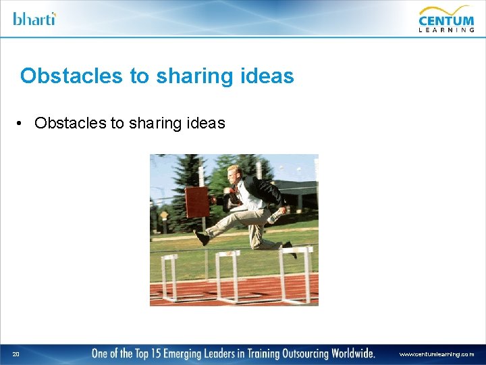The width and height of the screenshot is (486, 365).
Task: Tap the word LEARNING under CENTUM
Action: [x=446, y=29]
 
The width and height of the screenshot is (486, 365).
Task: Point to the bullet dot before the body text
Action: [x=22, y=123]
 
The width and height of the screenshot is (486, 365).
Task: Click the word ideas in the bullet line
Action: [x=206, y=123]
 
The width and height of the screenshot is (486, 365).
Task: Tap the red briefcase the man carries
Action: [x=196, y=201]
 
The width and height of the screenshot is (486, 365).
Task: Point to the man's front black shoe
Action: [x=200, y=237]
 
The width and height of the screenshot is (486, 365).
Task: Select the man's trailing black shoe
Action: [x=290, y=248]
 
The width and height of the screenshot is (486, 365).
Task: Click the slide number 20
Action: [x=16, y=354]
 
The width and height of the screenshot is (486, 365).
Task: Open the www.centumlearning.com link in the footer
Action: [x=436, y=354]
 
